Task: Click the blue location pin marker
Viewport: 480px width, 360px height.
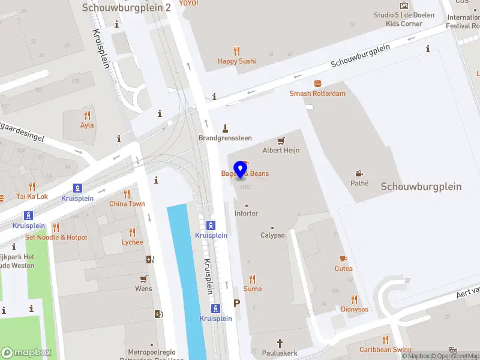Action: (x=241, y=169)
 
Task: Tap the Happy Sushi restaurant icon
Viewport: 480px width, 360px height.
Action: (x=236, y=52)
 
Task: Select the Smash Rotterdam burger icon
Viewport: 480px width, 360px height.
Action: (x=317, y=84)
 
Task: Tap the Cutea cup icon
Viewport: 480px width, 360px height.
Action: (x=344, y=259)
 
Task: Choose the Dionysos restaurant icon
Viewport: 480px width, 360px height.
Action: (x=355, y=299)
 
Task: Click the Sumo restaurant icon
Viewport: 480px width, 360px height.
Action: (x=253, y=279)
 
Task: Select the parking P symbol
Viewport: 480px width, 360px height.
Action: (x=236, y=304)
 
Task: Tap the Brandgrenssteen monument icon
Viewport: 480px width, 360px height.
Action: (x=226, y=128)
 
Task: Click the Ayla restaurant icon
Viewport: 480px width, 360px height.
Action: (x=87, y=116)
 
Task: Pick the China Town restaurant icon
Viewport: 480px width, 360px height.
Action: (x=127, y=194)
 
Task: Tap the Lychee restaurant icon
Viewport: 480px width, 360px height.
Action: (x=132, y=232)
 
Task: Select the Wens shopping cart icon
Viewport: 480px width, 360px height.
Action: (x=143, y=279)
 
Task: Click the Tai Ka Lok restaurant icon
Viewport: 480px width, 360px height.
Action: (x=32, y=187)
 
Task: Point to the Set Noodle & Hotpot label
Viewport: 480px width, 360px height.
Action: (x=56, y=238)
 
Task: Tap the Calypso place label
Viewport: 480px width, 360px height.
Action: (x=272, y=235)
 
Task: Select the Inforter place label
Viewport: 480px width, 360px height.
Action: (x=246, y=213)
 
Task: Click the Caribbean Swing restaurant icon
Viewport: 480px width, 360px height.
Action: (x=385, y=340)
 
